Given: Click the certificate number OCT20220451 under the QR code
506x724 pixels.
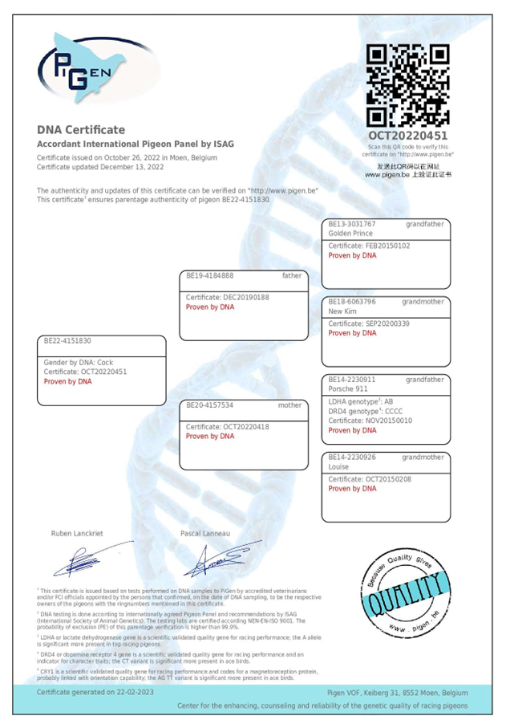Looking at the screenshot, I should coord(407,136).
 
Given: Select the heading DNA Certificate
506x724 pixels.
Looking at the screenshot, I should coord(81,129).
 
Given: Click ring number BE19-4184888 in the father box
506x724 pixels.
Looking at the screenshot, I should coord(210,275).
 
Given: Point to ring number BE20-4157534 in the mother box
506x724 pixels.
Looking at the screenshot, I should coord(210,405).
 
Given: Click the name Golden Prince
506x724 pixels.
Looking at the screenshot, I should coord(350,233).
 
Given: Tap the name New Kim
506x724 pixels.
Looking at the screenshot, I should coord(342,311).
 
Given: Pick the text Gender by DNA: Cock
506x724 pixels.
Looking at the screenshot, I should coord(78,362).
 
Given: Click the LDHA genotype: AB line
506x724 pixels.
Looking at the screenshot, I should coord(361,401).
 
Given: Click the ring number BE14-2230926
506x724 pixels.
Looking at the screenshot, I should coord(352,457).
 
